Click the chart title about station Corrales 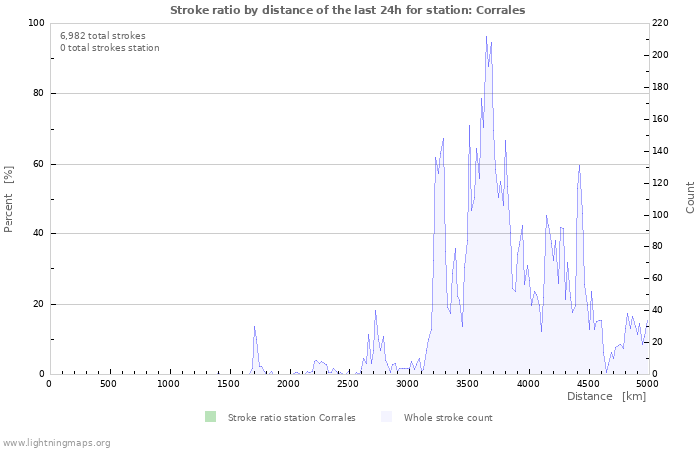[348, 10]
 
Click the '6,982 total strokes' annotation [103, 36]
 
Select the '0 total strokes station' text [109, 48]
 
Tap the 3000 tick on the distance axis [408, 384]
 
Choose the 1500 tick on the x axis [229, 384]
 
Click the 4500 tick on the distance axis [588, 384]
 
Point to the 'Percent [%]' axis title [9, 199]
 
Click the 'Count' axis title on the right [690, 197]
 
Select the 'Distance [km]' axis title [606, 397]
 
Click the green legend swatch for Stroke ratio [210, 417]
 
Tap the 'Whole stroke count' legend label [448, 418]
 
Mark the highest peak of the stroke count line [486, 37]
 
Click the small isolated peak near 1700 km [254, 327]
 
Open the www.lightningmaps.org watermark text [57, 442]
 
